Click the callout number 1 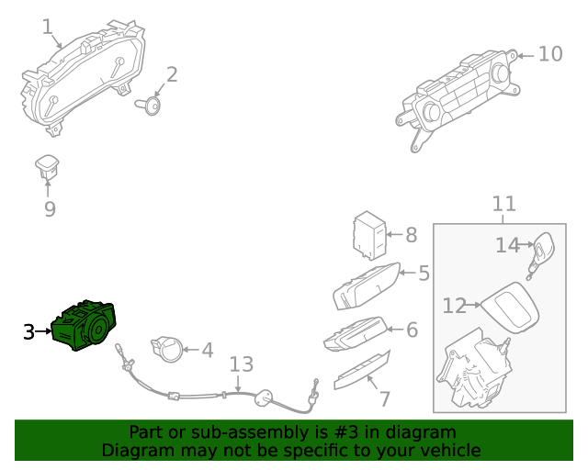click(48, 28)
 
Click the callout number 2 click(172, 74)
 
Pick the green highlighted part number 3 click(85, 326)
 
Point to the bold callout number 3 click(29, 331)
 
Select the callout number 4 click(207, 350)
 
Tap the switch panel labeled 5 click(366, 286)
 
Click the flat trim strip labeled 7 click(361, 369)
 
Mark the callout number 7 click(384, 398)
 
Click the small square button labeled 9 click(46, 165)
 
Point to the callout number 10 click(549, 54)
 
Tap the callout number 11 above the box click(503, 204)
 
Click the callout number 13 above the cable click(240, 364)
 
